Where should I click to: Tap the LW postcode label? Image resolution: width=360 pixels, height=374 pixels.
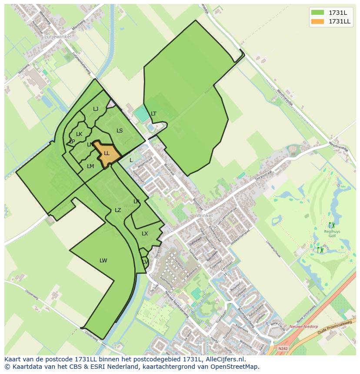[103, 261]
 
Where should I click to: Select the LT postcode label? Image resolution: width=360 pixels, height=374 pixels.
[153, 114]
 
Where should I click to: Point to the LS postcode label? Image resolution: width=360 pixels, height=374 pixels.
[120, 131]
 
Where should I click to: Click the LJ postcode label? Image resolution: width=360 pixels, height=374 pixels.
[96, 109]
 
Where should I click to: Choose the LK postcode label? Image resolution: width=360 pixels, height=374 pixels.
[79, 134]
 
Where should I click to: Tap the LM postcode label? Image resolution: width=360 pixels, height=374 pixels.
[90, 166]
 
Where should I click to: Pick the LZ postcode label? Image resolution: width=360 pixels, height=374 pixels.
[118, 210]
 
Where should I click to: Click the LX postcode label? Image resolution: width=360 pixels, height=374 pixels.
[145, 234]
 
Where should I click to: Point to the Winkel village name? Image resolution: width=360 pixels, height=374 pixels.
[204, 215]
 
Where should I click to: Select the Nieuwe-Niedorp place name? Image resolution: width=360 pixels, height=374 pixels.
[302, 327]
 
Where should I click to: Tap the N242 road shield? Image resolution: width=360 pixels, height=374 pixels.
[283, 348]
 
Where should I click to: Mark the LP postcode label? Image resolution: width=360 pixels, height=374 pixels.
[72, 142]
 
